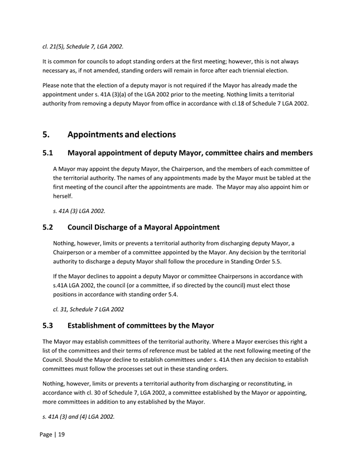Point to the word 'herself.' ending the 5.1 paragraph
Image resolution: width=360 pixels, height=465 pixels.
click(x=64, y=196)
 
